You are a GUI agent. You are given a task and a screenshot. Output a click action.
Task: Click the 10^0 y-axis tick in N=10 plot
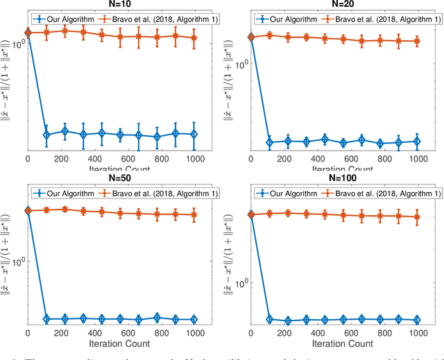(x=18, y=44)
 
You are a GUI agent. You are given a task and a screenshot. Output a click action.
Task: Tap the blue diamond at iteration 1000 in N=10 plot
(x=194, y=134)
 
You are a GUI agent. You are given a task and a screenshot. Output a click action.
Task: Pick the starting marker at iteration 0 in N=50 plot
(x=28, y=210)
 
